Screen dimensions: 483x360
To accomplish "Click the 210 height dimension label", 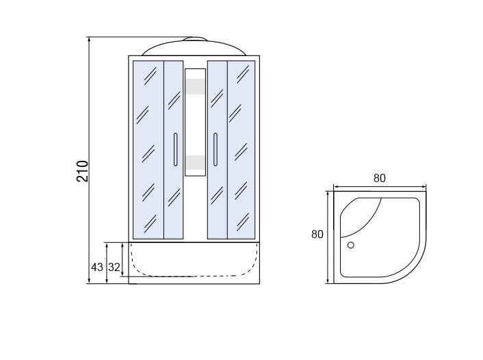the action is click(83, 171).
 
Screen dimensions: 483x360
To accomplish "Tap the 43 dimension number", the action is click(96, 267).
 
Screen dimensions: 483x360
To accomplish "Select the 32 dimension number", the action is click(114, 267).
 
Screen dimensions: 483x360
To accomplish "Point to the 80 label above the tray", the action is click(380, 178).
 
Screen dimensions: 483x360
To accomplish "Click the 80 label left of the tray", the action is click(317, 234).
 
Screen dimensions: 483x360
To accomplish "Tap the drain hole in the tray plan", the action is click(350, 245).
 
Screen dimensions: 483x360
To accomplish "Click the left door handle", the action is click(176, 149).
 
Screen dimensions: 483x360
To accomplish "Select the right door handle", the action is click(216, 149).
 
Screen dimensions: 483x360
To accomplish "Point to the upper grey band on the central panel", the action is click(195, 86).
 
